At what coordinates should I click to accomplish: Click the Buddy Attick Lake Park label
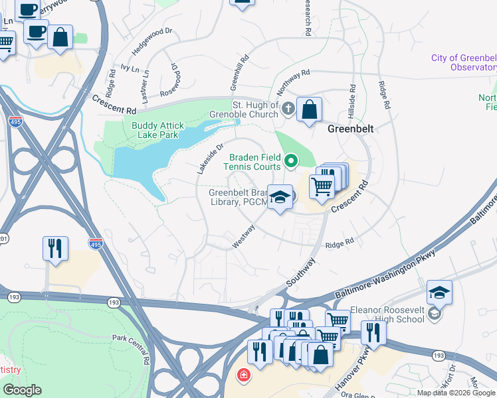158,130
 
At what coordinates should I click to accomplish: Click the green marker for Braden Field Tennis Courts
291,161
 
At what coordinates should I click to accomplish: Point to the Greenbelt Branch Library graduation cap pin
280,197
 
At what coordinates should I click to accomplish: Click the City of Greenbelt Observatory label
464,63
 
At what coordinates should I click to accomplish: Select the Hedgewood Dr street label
152,40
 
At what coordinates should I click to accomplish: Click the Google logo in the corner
21,390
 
